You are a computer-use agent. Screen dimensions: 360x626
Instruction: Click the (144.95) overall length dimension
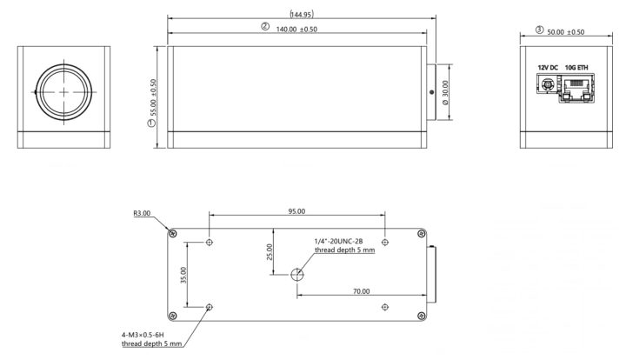302,14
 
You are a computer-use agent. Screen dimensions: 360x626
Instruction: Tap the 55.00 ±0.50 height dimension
153,98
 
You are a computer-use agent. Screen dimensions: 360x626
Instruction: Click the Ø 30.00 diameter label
446,91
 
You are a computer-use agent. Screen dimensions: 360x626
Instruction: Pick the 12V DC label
547,67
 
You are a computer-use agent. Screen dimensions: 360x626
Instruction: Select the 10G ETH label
575,67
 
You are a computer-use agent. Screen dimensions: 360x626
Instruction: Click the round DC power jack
548,85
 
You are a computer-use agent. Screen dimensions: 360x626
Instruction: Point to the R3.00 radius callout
142,213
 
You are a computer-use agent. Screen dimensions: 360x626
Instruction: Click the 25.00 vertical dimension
270,252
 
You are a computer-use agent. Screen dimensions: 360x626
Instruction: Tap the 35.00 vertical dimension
183,276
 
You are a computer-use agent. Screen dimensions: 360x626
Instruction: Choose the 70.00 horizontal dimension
361,291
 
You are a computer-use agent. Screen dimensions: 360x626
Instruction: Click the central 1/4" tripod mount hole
297,275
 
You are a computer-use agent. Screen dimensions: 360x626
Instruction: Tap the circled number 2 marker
265,28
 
